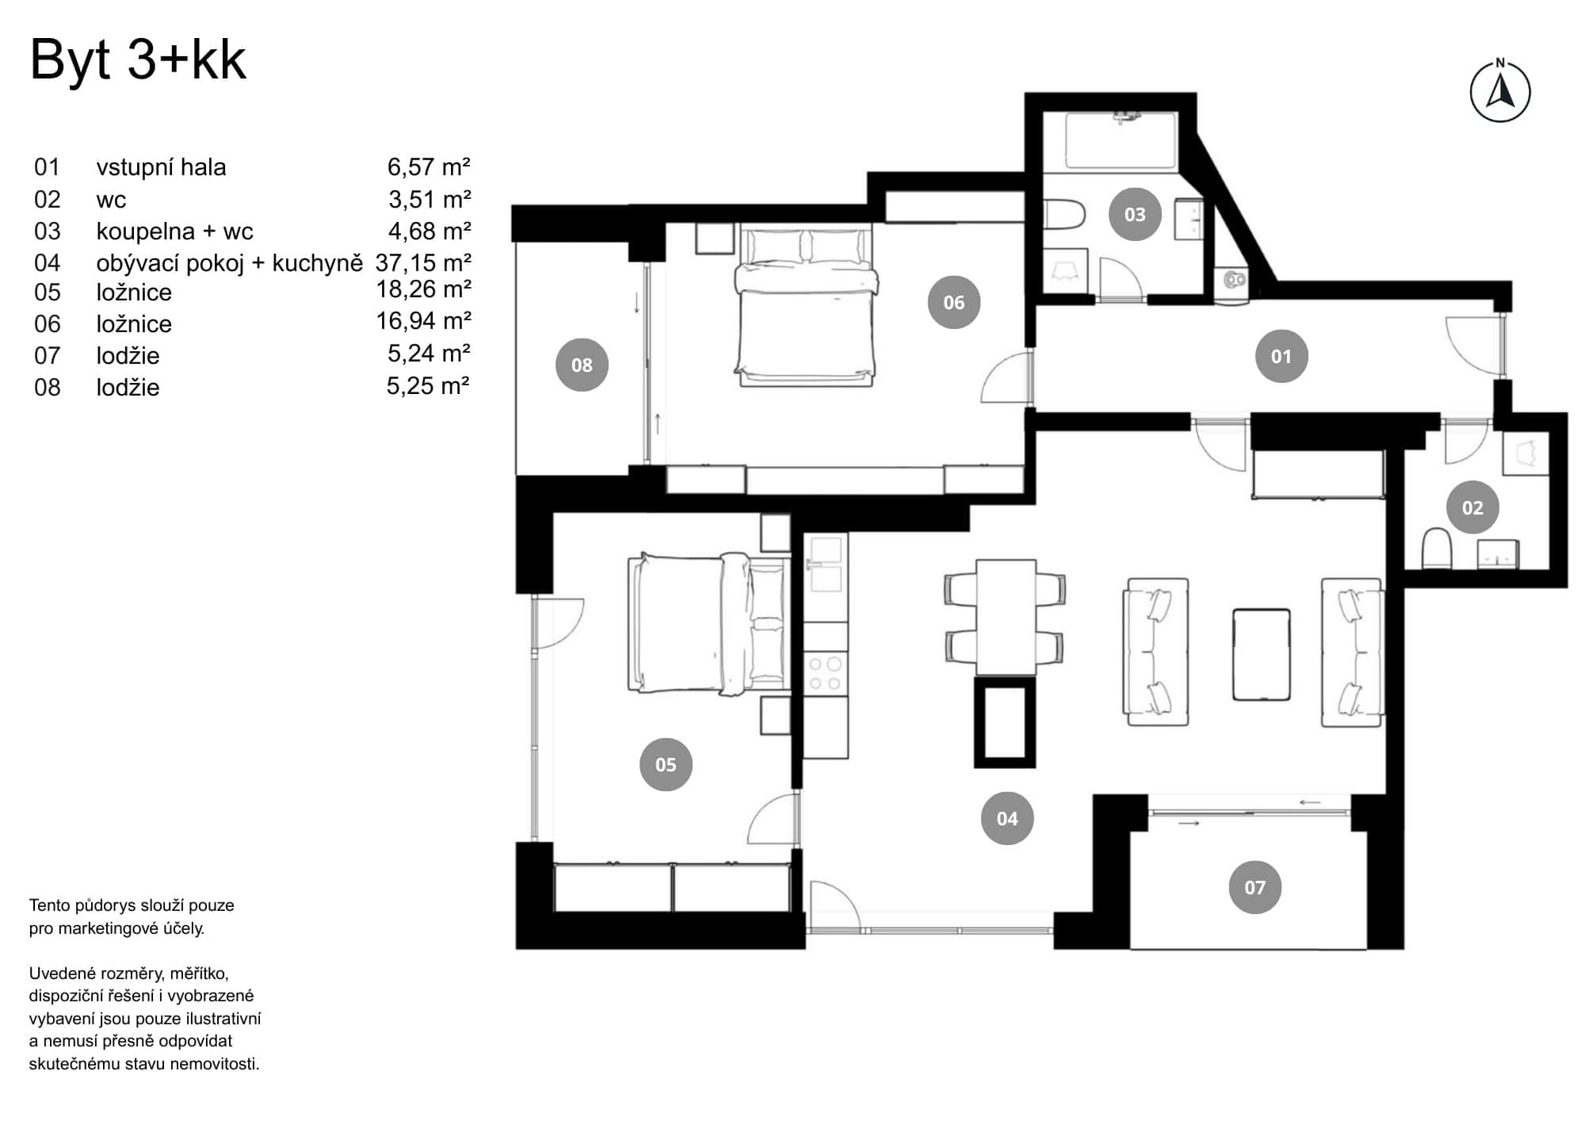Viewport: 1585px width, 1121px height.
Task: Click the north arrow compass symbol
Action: (1499, 92)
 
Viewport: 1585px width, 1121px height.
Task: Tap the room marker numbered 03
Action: (1135, 214)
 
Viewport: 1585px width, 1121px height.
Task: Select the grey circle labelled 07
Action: (1255, 887)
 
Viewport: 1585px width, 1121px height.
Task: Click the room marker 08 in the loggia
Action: (582, 365)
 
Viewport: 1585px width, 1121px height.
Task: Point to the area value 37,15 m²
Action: (423, 262)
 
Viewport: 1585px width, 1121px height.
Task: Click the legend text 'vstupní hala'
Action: (161, 167)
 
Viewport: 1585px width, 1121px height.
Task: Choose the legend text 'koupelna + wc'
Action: (174, 231)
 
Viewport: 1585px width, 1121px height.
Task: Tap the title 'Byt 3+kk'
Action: (138, 59)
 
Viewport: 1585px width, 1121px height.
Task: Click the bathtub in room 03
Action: (1121, 141)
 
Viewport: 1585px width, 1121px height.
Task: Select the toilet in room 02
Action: (1436, 549)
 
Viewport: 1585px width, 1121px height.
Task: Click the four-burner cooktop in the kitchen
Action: (824, 673)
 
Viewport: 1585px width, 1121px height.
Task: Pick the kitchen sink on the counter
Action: (825, 564)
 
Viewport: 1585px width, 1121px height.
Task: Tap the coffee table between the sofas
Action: (1261, 654)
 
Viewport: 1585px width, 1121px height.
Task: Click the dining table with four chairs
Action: (1005, 617)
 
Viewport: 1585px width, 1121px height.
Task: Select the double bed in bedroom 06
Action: (806, 305)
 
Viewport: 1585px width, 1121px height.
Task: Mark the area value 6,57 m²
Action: (428, 167)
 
